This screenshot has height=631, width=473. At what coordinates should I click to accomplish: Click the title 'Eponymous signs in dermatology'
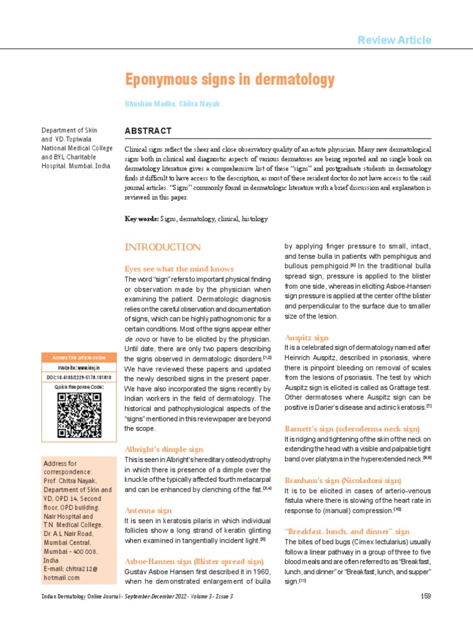(230, 79)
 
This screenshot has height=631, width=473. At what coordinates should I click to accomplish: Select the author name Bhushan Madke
(148, 104)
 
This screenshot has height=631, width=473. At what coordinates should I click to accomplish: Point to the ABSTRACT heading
(148, 131)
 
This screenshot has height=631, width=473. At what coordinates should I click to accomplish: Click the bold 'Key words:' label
(142, 219)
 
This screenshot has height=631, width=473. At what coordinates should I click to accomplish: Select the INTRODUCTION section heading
(162, 247)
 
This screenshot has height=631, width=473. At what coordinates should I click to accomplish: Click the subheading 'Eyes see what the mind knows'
(179, 269)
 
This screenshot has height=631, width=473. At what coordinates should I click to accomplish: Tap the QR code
(79, 415)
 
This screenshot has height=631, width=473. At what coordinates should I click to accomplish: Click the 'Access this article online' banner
(79, 358)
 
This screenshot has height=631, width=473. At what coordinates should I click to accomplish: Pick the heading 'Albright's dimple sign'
(164, 449)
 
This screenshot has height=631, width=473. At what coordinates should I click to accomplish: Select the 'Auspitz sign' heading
(306, 338)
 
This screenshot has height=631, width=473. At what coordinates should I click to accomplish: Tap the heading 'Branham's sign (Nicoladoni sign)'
(342, 479)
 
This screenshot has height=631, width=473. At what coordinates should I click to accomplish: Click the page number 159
(425, 596)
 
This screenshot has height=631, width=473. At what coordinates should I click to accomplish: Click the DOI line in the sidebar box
(79, 377)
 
